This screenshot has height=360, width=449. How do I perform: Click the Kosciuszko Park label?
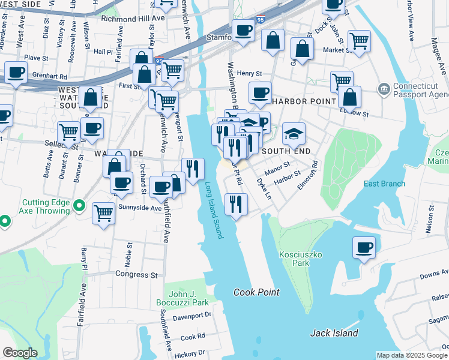301,259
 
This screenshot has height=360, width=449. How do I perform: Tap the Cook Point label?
256,292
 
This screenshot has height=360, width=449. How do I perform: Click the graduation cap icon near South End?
294,134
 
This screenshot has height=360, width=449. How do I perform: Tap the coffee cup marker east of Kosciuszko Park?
363,248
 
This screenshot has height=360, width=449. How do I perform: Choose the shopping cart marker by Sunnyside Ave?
104,212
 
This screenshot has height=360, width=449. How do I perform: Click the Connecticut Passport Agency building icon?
383,90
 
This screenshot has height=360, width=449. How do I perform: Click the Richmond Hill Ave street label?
133,19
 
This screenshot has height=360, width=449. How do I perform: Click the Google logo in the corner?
20,353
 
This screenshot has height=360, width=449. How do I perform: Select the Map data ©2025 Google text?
412,355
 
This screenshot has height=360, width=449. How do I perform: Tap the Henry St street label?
250,73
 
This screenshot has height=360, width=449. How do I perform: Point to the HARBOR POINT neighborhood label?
303,101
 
